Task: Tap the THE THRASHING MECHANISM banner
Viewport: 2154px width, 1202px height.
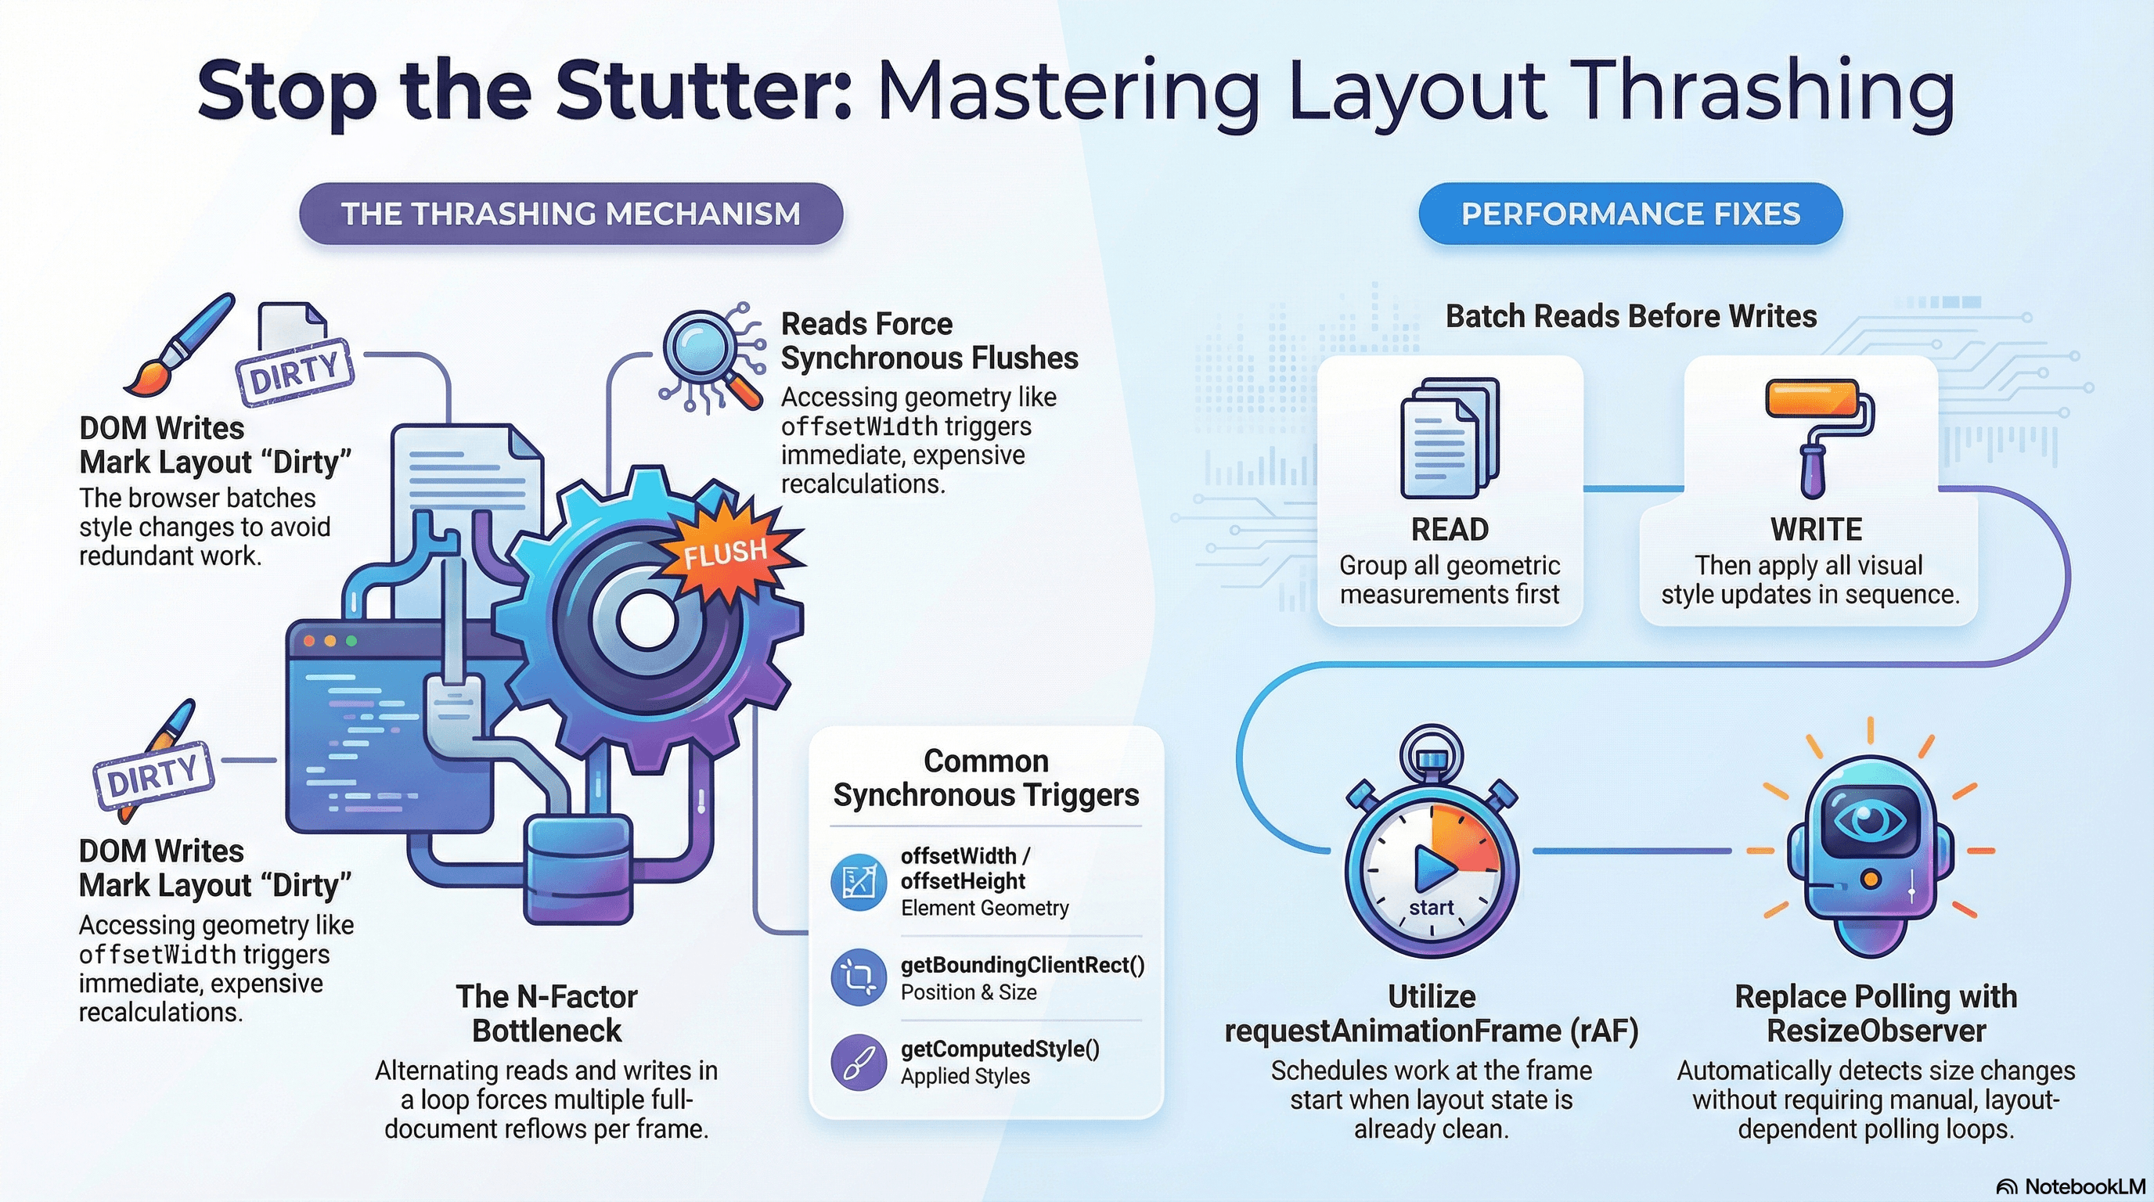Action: (x=571, y=214)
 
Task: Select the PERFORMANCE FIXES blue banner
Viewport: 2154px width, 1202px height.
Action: (x=1630, y=214)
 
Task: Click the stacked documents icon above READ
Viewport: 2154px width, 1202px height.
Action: (x=1450, y=438)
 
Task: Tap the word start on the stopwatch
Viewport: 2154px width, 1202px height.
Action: (x=1432, y=908)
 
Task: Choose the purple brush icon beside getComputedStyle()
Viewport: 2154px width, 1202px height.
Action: (x=858, y=1063)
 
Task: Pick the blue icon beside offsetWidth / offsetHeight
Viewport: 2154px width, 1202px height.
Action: (x=858, y=882)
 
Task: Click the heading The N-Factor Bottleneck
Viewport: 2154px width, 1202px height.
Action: (x=547, y=1014)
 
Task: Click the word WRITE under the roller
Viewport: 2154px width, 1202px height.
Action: (x=1816, y=530)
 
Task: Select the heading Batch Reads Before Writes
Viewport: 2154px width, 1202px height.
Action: (x=1630, y=317)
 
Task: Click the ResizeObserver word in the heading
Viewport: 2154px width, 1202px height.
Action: (x=1875, y=1031)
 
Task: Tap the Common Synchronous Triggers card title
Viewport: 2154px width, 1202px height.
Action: (x=986, y=778)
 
